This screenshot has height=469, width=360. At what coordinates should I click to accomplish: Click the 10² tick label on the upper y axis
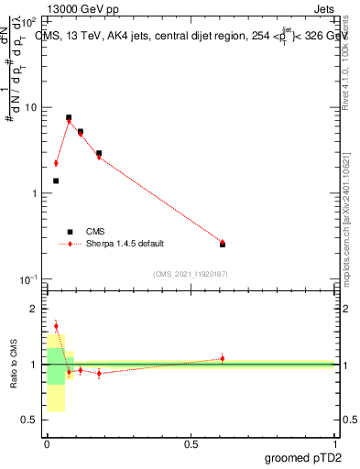click(31, 19)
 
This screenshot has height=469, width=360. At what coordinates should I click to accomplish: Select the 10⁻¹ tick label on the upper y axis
click(30, 278)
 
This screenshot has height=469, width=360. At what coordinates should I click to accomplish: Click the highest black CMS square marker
click(69, 117)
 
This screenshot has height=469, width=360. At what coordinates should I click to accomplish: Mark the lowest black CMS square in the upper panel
click(223, 245)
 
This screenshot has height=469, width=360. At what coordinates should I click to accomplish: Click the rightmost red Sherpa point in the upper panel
click(223, 242)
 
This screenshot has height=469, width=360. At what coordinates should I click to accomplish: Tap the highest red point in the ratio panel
click(56, 326)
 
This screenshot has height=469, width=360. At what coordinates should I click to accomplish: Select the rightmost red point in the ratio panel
click(223, 358)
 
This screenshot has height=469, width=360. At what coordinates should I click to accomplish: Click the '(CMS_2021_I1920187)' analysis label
click(190, 273)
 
